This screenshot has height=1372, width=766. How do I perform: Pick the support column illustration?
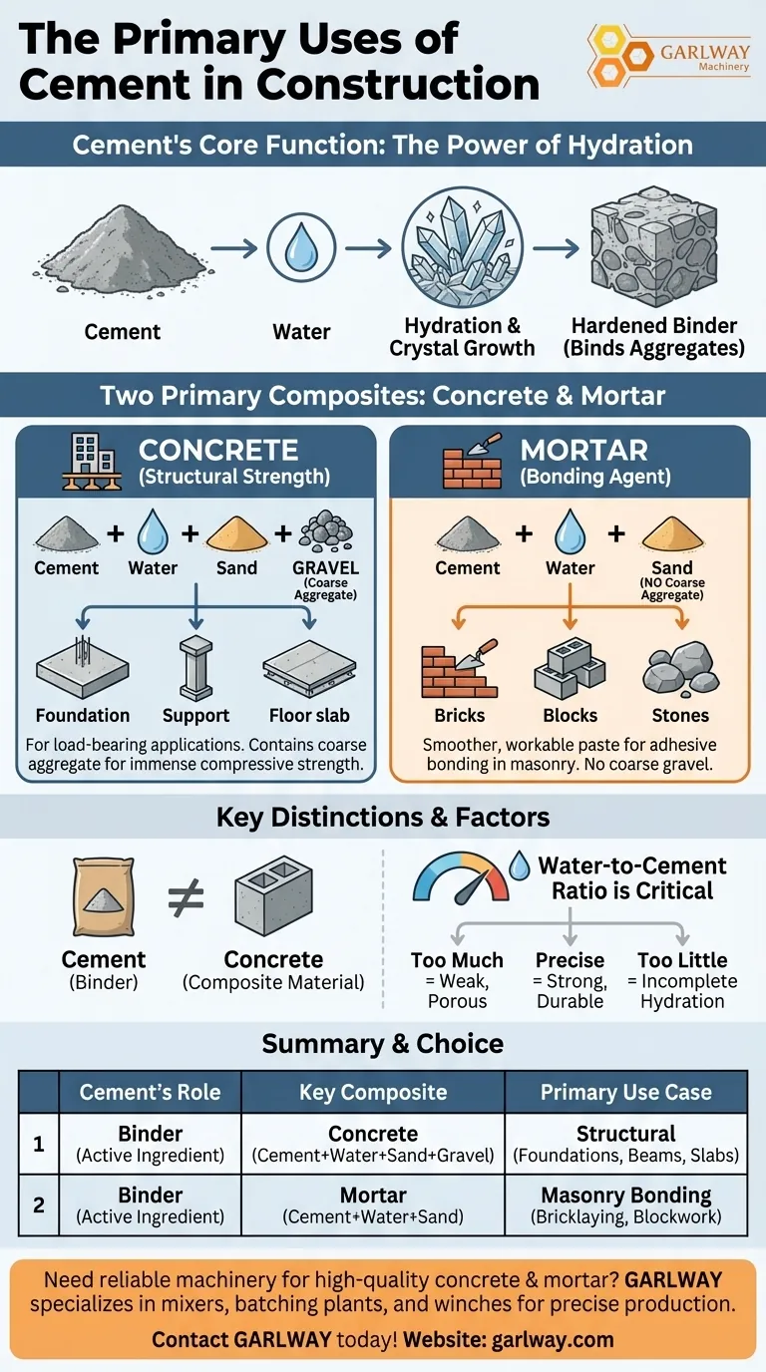(196, 665)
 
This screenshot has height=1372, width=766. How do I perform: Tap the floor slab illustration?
(309, 669)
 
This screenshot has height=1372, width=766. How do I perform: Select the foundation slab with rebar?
(83, 667)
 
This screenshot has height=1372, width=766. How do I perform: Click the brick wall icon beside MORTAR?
(466, 461)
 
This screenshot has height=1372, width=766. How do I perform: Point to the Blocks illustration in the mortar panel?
(570, 667)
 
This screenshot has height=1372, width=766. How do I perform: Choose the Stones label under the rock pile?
(680, 715)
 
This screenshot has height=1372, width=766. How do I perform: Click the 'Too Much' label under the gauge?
(457, 961)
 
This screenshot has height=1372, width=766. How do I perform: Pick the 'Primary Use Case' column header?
(625, 1092)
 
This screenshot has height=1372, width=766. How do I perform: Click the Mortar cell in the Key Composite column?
(373, 1195)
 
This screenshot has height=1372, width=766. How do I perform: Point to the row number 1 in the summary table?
(39, 1143)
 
